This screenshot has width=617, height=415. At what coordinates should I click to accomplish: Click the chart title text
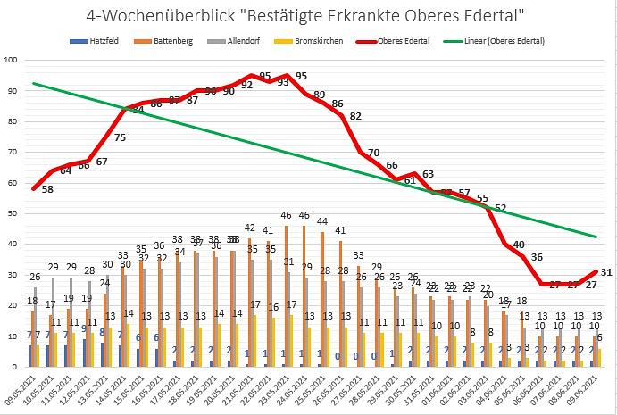click(x=307, y=15)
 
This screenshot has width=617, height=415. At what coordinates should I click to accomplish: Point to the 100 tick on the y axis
click(x=12, y=61)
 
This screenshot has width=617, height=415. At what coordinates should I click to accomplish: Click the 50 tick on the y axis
click(x=13, y=213)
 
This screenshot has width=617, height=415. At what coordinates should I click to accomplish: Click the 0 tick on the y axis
click(x=16, y=366)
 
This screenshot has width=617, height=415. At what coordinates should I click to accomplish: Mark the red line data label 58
click(x=48, y=190)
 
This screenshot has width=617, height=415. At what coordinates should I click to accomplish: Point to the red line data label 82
click(x=356, y=116)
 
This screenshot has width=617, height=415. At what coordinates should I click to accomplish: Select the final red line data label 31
click(x=605, y=271)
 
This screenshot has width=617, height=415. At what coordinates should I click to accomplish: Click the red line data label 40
click(x=519, y=245)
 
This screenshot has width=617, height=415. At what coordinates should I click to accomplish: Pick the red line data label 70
click(x=374, y=153)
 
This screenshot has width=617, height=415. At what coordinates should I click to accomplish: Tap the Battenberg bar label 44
click(x=321, y=220)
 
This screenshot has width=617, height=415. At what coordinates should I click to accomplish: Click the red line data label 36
click(x=537, y=257)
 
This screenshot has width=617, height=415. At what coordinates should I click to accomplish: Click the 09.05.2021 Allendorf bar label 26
click(x=36, y=276)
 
